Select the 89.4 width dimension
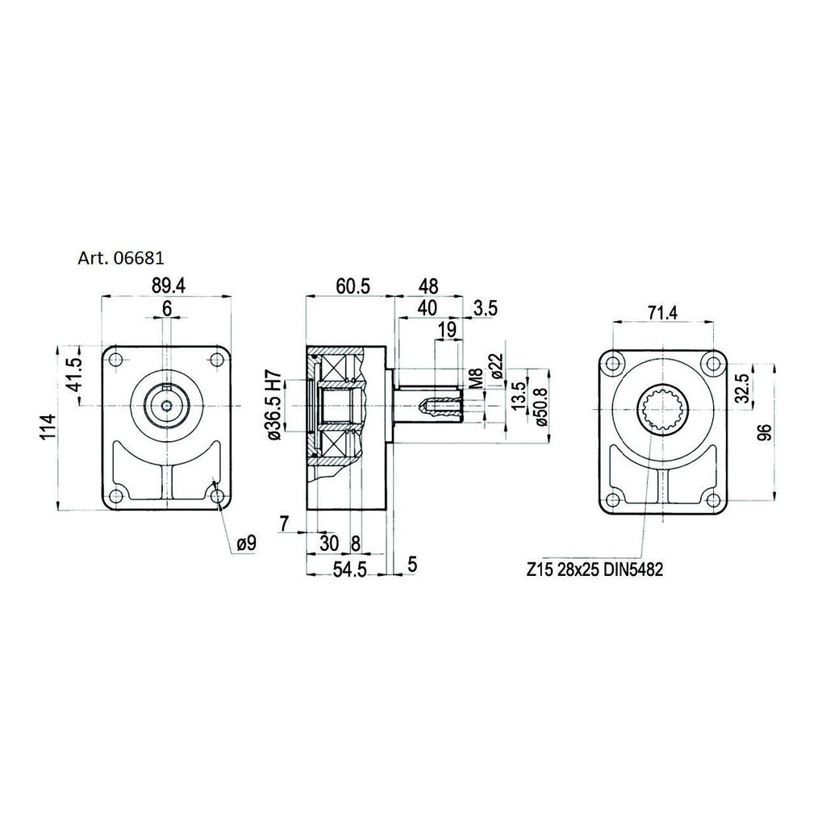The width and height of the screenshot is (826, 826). coord(168,286)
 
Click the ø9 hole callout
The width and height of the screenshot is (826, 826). coord(246,543)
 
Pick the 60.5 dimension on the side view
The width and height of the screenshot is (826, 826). coord(353,286)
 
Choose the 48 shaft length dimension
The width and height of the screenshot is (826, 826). coord(428,286)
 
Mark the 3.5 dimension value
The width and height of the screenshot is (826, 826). coord(485,308)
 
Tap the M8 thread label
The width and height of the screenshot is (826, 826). coord(476,379)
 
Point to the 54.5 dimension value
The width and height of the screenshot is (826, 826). coord(350,570)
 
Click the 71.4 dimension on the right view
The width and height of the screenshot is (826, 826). coord(662,313)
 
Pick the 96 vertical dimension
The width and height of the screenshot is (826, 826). coord(765,432)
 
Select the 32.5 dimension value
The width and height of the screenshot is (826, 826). coord(742,388)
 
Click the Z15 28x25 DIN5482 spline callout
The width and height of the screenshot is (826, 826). coord(594,569)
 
